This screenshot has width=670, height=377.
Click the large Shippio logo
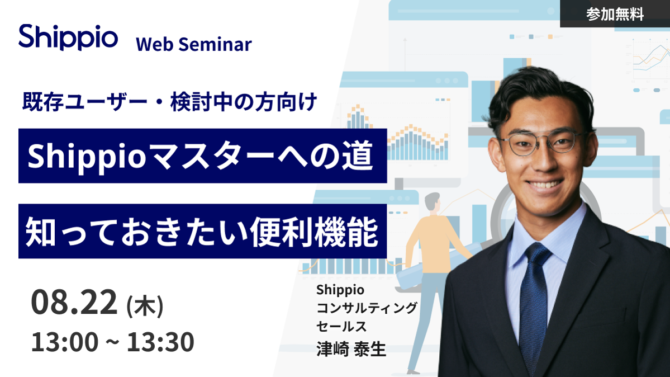[68, 37]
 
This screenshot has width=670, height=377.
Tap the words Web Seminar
[193, 45]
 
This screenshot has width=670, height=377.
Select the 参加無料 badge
[615, 13]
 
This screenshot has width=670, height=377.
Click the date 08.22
[74, 301]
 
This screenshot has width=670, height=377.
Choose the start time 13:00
[64, 342]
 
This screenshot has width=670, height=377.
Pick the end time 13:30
[160, 342]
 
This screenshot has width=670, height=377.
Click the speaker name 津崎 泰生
[351, 349]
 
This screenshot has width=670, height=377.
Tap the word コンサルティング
[367, 308]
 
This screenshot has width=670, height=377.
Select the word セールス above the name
[341, 327]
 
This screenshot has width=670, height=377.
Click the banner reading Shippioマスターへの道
[202, 155]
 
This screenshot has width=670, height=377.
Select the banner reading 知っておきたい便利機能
[202, 231]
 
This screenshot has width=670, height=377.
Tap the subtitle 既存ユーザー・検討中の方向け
[170, 102]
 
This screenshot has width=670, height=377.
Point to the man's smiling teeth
[544, 185]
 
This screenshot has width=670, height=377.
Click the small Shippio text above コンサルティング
[340, 290]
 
